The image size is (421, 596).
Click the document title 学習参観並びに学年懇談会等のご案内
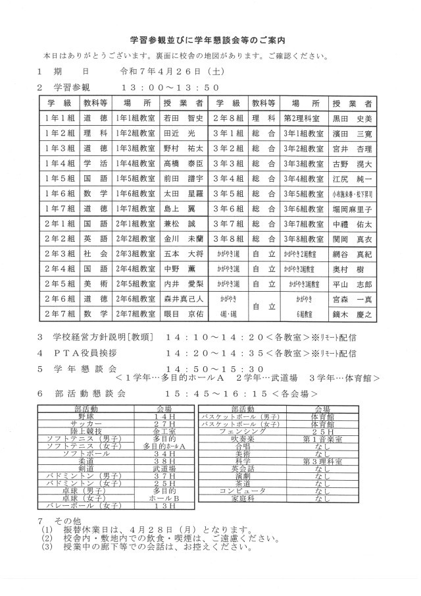coord(210,40)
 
